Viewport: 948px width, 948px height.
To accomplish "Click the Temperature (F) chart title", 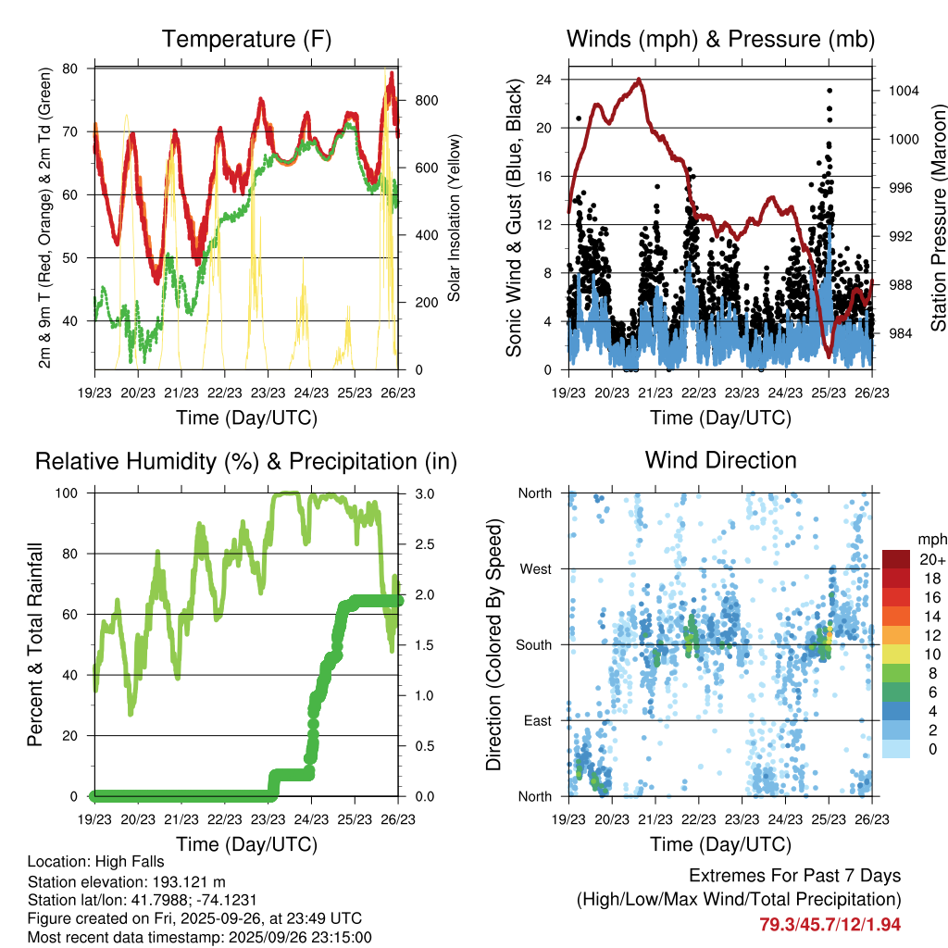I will click(245, 40).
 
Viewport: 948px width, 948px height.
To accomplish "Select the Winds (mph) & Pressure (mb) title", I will click(720, 40).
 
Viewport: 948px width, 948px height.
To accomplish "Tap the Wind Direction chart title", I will click(720, 460).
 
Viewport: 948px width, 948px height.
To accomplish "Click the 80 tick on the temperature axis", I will click(70, 69).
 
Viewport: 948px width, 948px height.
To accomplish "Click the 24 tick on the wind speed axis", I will click(544, 80).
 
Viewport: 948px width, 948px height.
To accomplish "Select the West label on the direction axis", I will click(534, 568).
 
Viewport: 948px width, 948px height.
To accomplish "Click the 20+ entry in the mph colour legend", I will click(929, 559).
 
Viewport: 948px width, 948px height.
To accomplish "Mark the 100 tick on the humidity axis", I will click(68, 493).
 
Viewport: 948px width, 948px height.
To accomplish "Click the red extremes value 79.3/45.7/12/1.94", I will click(829, 924).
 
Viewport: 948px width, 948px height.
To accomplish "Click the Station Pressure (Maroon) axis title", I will click(937, 218).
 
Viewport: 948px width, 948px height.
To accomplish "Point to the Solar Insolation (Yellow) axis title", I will click(455, 218).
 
